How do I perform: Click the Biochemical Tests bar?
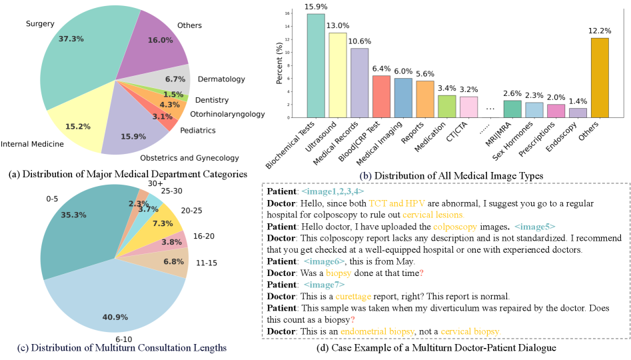click(316, 67)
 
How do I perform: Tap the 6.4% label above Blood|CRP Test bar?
click(381, 68)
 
